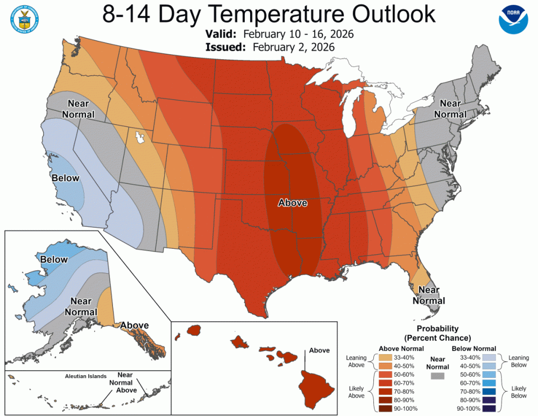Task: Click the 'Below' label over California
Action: (65, 178)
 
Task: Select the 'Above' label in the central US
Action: (292, 203)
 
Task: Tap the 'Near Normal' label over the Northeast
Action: (450, 108)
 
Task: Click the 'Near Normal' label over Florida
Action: (429, 295)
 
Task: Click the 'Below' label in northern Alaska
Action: (54, 260)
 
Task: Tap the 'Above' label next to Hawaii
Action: (320, 350)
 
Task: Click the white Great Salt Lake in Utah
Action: (140, 137)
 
